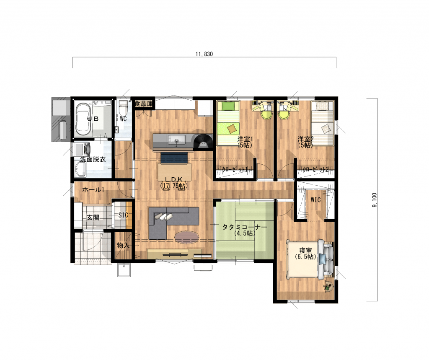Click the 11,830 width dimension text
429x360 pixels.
point(204,54)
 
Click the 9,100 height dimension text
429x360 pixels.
point(375,200)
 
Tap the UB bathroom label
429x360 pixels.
point(93,119)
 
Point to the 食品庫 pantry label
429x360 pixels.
point(144,104)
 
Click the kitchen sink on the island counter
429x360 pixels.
point(177,141)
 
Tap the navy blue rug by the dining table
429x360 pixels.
point(174,158)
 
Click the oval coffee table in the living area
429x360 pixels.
point(187,237)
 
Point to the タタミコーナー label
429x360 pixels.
point(244,227)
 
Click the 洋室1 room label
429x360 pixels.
point(245,139)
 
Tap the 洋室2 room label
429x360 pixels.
point(305,139)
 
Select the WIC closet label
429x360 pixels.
point(315,200)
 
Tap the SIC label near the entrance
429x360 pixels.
point(123,215)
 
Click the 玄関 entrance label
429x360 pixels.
point(93,218)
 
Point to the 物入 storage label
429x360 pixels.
point(123,245)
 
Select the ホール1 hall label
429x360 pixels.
point(93,189)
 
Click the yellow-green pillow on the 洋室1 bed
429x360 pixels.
point(228,105)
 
